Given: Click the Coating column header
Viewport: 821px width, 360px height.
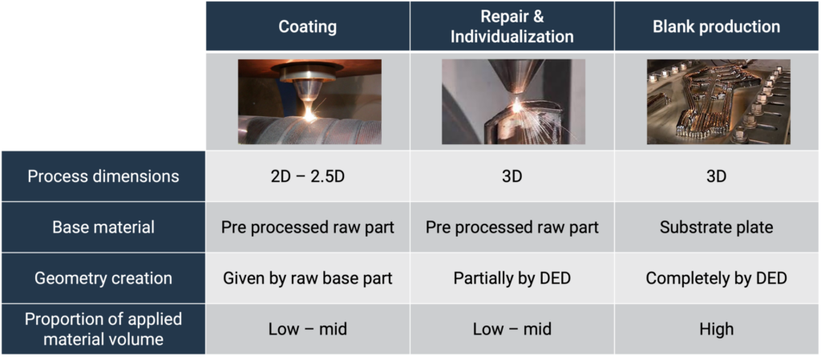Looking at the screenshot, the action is (x=307, y=26).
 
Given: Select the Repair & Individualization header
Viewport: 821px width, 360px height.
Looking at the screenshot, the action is (x=512, y=26).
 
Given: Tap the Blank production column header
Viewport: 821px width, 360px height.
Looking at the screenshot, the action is (x=716, y=26).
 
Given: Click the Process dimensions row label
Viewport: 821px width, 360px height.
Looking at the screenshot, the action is (x=103, y=176).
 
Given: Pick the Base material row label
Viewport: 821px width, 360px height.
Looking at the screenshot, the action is (x=103, y=227).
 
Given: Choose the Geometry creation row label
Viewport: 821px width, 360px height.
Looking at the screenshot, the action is (x=103, y=278).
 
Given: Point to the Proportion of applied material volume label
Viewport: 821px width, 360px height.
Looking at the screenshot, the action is (x=103, y=329).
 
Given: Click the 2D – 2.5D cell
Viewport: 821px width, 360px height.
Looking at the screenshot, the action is (x=307, y=176).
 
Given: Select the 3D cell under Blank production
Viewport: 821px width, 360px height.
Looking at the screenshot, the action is (x=716, y=176).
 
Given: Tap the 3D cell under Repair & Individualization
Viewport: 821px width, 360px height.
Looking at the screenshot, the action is (x=512, y=176).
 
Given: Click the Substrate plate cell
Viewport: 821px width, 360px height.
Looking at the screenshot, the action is (x=716, y=227).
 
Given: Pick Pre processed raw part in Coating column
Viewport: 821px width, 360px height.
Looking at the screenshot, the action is (x=307, y=227).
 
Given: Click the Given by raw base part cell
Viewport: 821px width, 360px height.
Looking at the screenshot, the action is (x=307, y=278).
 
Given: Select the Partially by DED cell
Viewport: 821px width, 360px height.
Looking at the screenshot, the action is (x=512, y=278).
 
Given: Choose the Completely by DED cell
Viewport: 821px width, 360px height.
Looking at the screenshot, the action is (x=716, y=278).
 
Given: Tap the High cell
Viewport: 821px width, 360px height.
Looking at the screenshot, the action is (x=716, y=329).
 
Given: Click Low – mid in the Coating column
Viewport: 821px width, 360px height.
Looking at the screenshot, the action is (x=307, y=329).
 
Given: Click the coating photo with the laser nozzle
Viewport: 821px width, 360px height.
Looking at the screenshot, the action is (x=309, y=102).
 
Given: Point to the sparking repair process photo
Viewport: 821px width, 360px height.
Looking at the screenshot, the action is (x=514, y=102).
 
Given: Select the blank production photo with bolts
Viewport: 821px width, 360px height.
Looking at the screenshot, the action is (x=718, y=102).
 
